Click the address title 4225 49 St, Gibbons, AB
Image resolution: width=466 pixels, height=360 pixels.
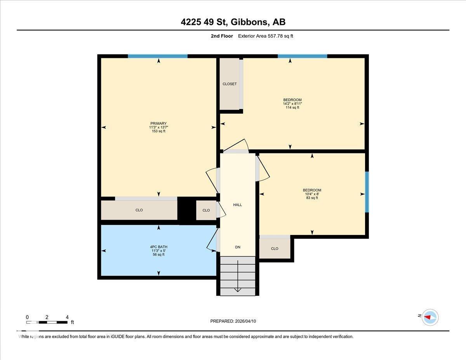[x=233, y=22]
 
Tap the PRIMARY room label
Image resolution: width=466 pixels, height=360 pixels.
[x=158, y=123]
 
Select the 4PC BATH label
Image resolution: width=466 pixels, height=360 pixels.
[x=158, y=247]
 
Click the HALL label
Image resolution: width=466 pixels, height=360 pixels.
[x=237, y=205]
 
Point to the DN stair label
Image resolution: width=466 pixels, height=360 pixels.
[x=238, y=247]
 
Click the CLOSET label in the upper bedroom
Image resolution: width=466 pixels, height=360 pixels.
[x=230, y=84]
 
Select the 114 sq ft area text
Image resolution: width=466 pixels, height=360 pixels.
[x=292, y=108]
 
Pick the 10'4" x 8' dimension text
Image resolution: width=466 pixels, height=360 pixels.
[x=312, y=194]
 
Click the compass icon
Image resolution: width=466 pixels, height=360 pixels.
[x=430, y=317]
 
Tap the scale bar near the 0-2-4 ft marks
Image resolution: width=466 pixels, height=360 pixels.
[x=47, y=322]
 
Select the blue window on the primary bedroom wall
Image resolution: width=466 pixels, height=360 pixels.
[x=158, y=56]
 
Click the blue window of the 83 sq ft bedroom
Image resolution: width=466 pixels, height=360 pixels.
[x=367, y=192]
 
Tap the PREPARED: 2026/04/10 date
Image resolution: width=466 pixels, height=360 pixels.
[x=233, y=321]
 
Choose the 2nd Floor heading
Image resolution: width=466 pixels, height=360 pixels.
[x=219, y=36]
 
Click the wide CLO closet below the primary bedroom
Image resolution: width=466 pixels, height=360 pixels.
[x=139, y=210]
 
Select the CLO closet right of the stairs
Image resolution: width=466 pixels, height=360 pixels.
[x=275, y=249]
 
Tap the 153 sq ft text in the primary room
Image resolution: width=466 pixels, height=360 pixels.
[x=158, y=131]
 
